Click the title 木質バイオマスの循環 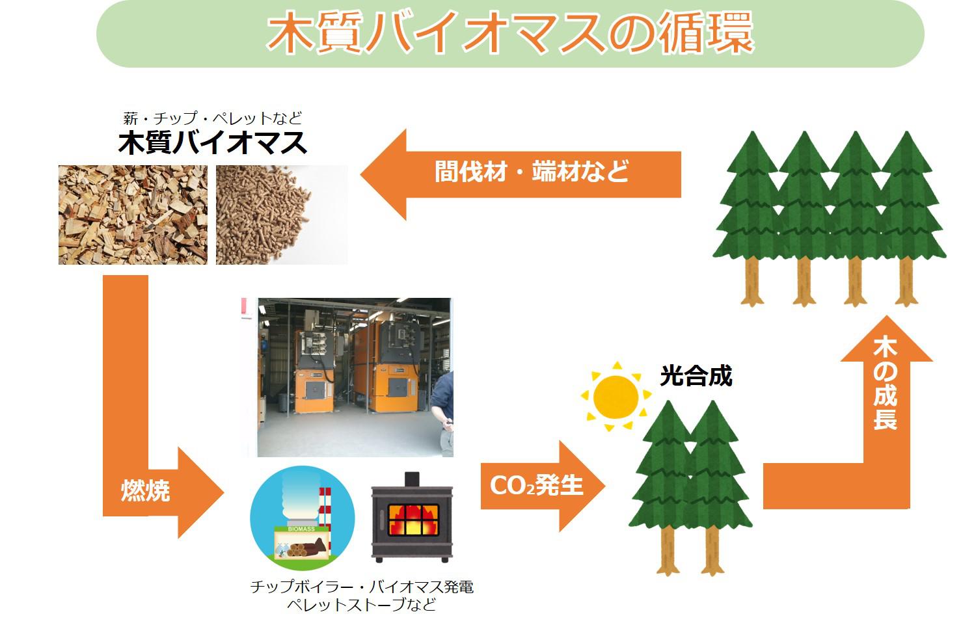click(x=509, y=33)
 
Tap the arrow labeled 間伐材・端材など click(x=521, y=174)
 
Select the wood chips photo click(x=133, y=215)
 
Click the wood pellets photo click(x=282, y=215)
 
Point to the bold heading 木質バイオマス click(x=213, y=143)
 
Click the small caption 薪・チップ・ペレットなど click(x=213, y=118)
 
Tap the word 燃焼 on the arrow click(x=146, y=491)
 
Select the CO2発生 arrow click(x=543, y=486)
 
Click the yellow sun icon click(x=616, y=396)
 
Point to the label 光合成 click(x=696, y=376)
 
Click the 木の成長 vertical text click(x=885, y=383)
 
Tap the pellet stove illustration click(x=412, y=517)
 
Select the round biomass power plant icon click(x=303, y=518)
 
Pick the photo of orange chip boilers click(x=355, y=377)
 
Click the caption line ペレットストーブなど click(x=361, y=605)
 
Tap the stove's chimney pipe click(x=412, y=479)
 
